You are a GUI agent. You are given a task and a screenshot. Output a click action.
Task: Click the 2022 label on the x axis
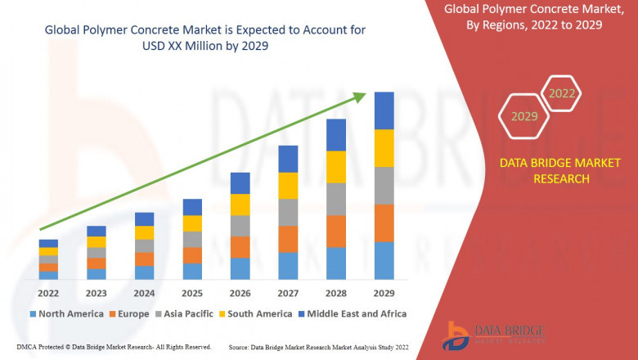pos(48,293)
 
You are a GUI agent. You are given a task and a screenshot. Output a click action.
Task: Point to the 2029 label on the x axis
pos(384,293)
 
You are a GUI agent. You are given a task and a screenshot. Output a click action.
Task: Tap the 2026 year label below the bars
pos(240,293)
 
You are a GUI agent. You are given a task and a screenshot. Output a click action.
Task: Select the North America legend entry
pos(66,313)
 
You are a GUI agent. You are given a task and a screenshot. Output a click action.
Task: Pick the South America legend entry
pos(256,313)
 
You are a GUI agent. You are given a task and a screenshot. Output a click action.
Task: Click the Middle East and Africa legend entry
pos(354,313)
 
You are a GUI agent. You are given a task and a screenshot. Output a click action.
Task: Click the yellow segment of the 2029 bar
pos(384,148)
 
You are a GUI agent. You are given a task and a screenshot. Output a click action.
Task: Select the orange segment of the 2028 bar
pos(336,232)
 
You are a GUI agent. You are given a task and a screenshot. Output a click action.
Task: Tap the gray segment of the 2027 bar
pos(288,212)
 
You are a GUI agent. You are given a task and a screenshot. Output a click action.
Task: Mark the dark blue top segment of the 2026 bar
pos(240,182)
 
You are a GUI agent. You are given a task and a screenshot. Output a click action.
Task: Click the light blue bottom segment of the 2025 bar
pos(192,272)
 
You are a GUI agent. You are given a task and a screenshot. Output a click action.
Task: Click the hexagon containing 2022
pos(562,93)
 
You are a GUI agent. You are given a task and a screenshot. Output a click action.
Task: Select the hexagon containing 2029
pos(524,116)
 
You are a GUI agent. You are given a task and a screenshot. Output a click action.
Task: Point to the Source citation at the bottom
pos(319,347)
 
